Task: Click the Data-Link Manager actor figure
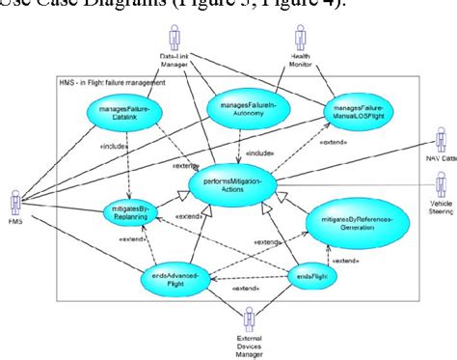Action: coord(174,38)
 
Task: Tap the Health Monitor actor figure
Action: coord(300,39)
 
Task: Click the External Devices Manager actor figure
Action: coord(250,318)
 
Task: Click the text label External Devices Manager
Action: coord(250,346)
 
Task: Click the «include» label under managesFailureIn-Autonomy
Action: coord(257,152)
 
